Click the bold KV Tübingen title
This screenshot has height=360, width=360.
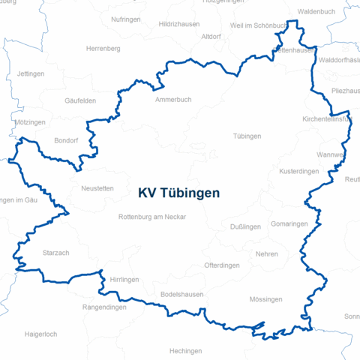(179, 193)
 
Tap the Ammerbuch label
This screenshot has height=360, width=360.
(173, 100)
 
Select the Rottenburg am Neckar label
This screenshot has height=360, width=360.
(151, 217)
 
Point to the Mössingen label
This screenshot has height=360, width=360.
(265, 299)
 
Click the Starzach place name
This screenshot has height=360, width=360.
(55, 253)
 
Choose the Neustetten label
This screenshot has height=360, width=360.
(97, 189)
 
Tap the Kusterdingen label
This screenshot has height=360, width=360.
(298, 172)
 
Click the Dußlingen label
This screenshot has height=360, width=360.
(245, 226)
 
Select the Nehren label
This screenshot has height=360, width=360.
(266, 254)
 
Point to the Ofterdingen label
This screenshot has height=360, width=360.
(222, 265)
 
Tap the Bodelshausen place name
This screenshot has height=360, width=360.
(182, 295)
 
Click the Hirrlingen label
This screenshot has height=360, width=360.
(124, 279)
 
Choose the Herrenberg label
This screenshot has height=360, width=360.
(103, 48)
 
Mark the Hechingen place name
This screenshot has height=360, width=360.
(185, 351)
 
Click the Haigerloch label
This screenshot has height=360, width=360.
(40, 334)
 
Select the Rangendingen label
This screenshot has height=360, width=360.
(104, 306)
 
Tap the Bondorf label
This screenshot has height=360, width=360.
(67, 140)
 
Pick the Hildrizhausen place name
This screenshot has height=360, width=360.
(178, 25)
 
